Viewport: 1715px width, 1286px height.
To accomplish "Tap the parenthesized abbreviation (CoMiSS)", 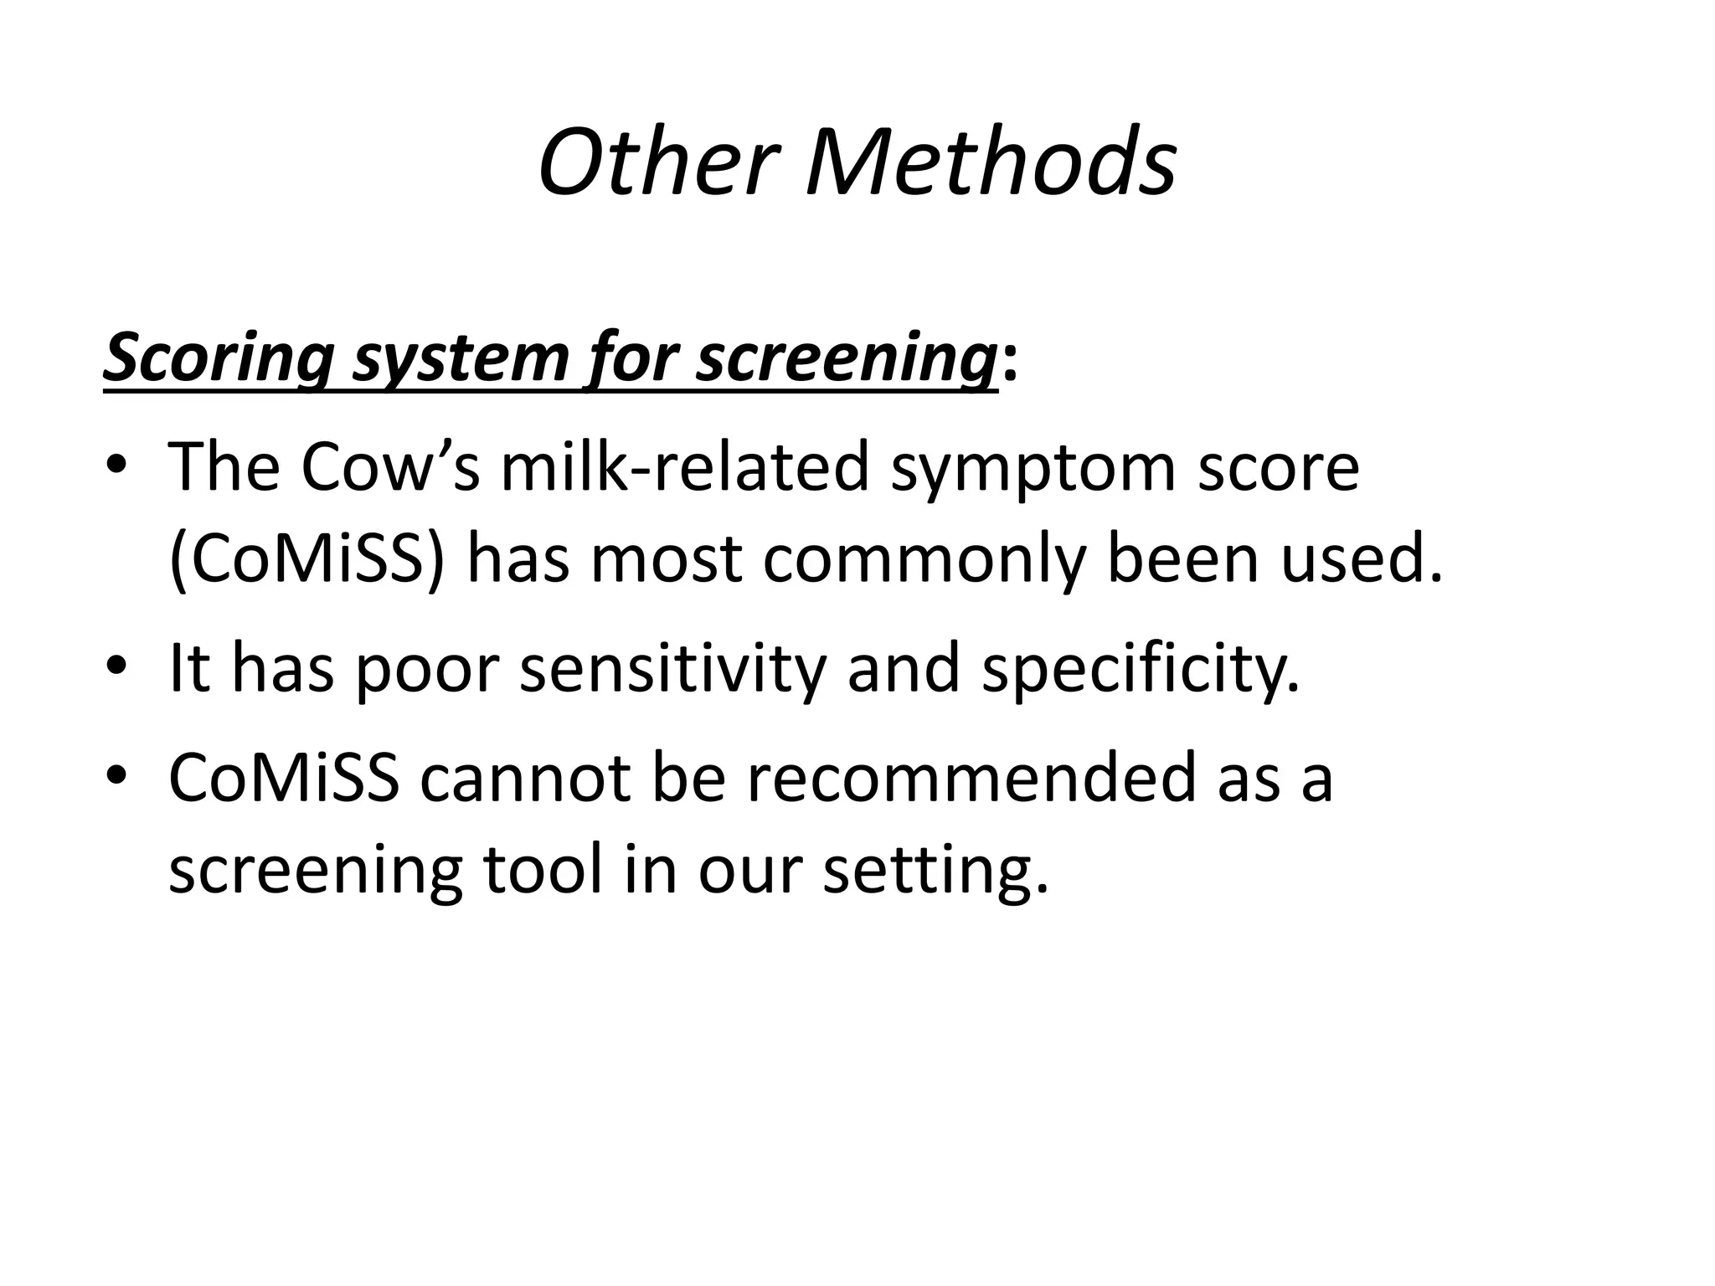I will point(306,560).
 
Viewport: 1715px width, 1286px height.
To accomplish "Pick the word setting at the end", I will point(935,872).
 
